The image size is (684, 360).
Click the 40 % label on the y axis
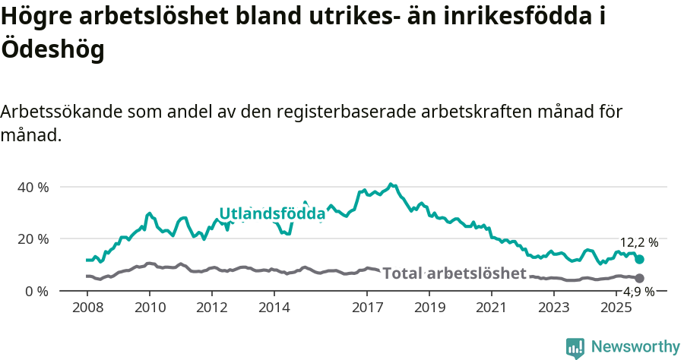pos(32,187)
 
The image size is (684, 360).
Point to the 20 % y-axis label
pos(32,238)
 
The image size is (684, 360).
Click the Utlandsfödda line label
pos(272,214)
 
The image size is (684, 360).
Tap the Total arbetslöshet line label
pos(454,273)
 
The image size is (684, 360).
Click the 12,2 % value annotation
pos(638,243)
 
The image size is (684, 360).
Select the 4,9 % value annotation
pos(638,292)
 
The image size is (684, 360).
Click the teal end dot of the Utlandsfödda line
pos(639,260)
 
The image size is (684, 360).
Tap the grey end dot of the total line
pos(639,279)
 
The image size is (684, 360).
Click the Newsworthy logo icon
pos(575,348)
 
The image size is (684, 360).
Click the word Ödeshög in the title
pos(52,49)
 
